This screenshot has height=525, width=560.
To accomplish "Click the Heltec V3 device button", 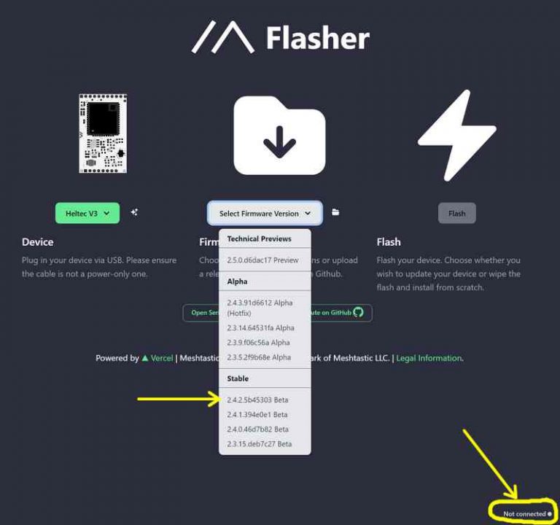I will coord(87,213).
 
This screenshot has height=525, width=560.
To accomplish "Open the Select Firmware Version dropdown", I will coord(265,213).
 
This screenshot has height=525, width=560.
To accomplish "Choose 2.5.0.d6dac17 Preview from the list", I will coord(262,260).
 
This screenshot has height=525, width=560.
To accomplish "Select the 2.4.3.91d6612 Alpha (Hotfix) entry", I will coord(260,307).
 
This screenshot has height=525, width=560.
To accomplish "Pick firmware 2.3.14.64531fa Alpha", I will coord(260,328).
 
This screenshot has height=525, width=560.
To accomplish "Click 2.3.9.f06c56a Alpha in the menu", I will coord(258,343).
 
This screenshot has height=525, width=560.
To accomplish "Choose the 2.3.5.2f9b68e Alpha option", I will coord(258,357).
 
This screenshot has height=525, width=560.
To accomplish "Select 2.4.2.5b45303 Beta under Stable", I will coord(257,400).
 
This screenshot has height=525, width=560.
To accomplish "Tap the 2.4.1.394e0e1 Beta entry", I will coord(257,414).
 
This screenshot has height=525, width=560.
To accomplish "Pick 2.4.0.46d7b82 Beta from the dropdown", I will coord(257,429).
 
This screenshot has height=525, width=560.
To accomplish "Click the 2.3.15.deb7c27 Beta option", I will coord(259,443).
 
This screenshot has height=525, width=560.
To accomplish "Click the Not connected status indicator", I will coord(526,513).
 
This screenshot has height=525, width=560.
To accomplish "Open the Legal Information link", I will coord(429,358).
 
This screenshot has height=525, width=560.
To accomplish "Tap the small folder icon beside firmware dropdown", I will coord(335,212).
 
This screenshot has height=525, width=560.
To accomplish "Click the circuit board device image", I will coord(103,133).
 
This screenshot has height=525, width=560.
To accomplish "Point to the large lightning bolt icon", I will coord(457,135).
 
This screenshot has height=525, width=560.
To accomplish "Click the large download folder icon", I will coord(279,135).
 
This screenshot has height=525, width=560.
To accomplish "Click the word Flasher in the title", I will coord(317,38).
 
